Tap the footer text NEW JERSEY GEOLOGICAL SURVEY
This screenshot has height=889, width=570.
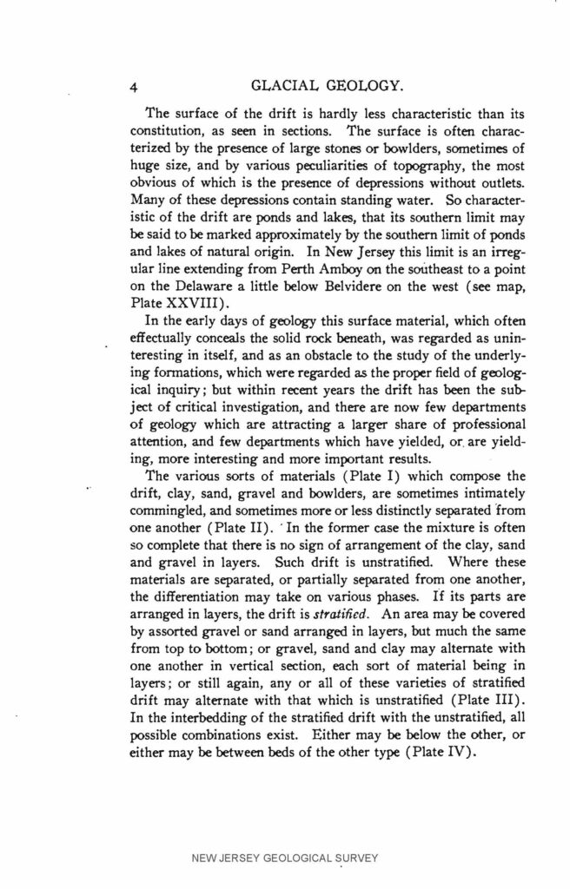point(284,859)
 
